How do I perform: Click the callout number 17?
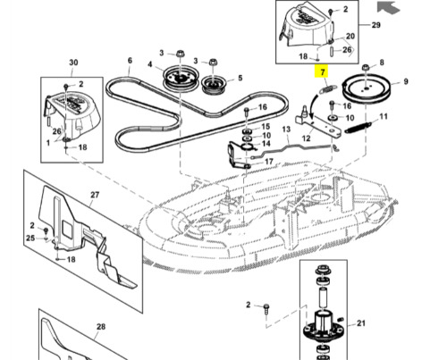[269, 161]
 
